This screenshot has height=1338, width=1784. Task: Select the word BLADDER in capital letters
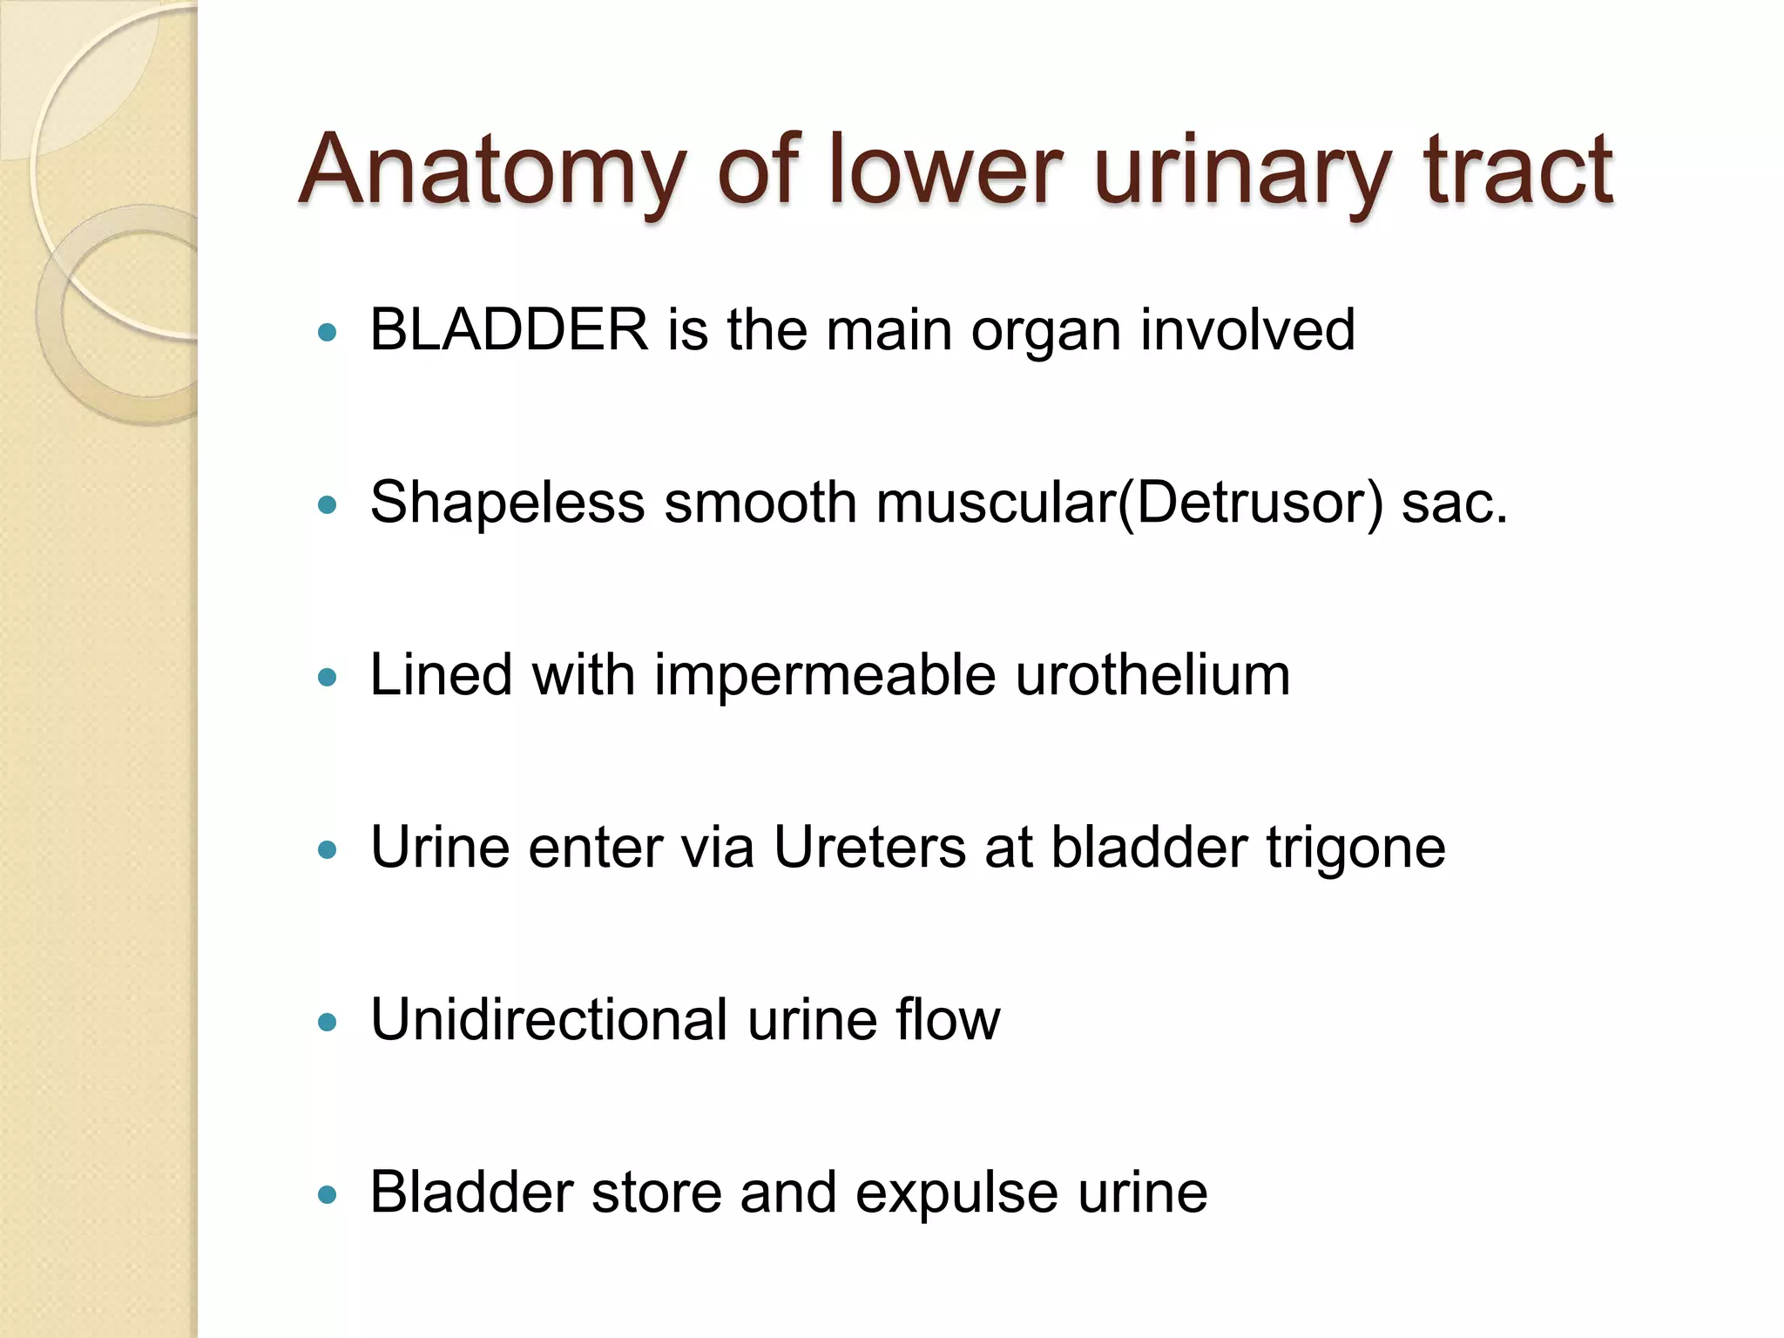click(x=510, y=330)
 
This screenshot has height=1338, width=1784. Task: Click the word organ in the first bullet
click(x=1045, y=332)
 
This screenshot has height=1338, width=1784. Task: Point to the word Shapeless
click(x=507, y=503)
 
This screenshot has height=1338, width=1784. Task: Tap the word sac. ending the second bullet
click(x=1454, y=503)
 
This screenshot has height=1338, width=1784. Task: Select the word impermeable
click(x=825, y=675)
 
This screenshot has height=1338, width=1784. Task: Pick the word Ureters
click(x=869, y=847)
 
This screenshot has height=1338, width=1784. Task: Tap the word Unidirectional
click(x=549, y=1019)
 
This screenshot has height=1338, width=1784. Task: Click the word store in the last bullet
click(x=657, y=1192)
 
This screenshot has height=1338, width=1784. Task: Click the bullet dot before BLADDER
click(x=328, y=332)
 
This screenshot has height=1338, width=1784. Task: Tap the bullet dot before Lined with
click(x=328, y=677)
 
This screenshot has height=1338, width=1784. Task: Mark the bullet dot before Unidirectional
click(x=328, y=1022)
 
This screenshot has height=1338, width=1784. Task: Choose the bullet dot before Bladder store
click(x=328, y=1194)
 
